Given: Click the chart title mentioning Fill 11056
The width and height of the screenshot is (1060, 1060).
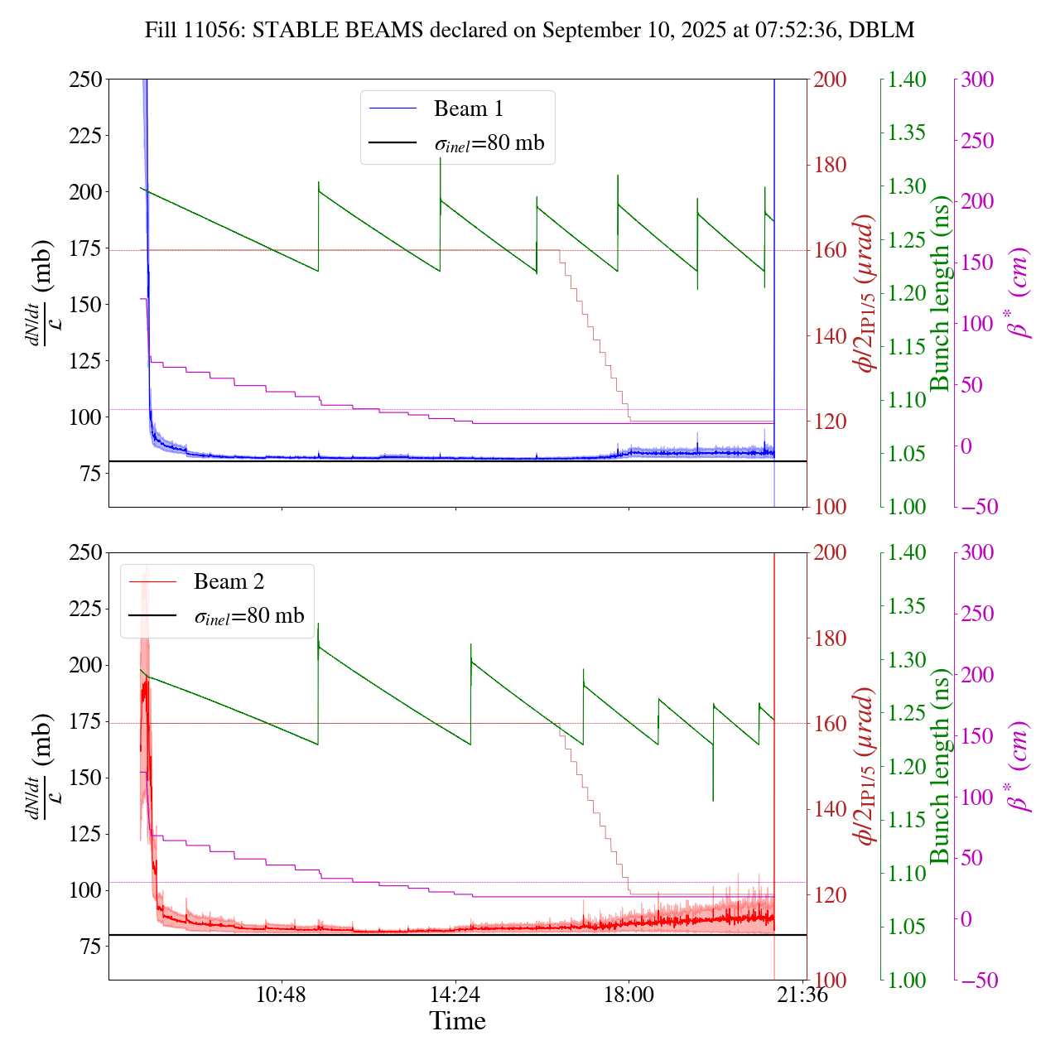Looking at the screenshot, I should (x=529, y=31).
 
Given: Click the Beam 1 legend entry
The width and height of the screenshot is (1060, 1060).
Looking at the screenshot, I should (x=468, y=108).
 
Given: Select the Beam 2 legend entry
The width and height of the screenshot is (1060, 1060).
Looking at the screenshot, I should (x=229, y=582).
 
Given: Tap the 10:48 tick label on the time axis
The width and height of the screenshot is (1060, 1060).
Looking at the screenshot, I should (x=282, y=995).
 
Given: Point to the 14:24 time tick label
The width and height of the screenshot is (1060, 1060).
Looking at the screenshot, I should (x=455, y=995).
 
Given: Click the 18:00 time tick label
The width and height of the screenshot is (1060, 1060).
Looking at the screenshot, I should (x=629, y=995).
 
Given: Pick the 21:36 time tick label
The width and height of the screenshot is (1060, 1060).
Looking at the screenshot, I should (x=802, y=995).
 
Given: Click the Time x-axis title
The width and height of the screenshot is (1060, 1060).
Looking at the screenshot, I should (x=457, y=1021).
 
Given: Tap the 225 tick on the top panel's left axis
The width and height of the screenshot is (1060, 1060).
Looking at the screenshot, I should (x=85, y=136).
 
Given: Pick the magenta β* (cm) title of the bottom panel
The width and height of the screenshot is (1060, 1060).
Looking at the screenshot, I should (x=1019, y=767).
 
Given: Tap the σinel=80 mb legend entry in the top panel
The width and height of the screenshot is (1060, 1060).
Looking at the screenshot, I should (x=489, y=143).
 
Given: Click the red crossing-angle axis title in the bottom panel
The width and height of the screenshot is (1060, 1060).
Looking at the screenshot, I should (x=866, y=767).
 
